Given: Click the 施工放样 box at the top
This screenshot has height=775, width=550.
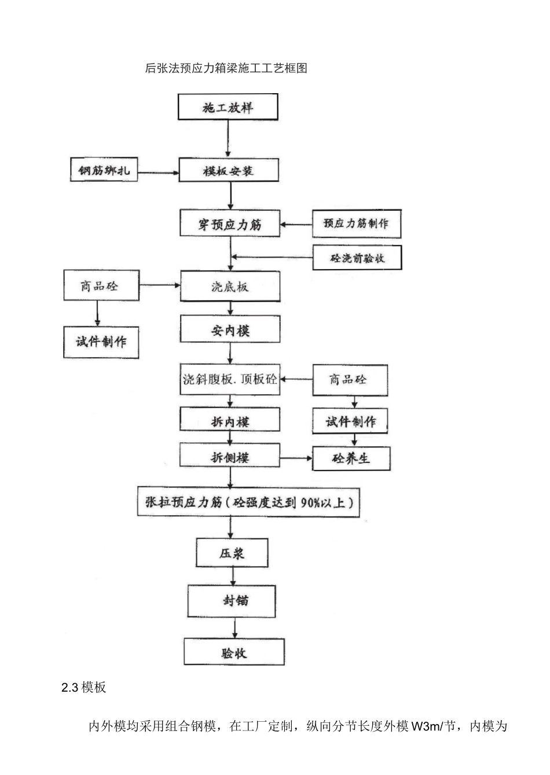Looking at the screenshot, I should click(228, 108).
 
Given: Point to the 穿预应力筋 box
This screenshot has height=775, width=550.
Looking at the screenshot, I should click(230, 224).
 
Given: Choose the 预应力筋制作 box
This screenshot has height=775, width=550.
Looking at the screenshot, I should click(356, 223).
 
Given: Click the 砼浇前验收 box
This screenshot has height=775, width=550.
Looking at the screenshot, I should click(357, 258).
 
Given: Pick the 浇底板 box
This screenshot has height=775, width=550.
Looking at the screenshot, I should click(230, 286).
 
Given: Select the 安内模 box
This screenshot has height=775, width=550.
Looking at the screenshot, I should click(230, 331).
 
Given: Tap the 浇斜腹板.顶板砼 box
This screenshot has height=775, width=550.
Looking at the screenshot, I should click(230, 380).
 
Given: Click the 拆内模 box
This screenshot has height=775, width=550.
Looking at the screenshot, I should click(230, 422).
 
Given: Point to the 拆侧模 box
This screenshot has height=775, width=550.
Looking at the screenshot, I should click(230, 457).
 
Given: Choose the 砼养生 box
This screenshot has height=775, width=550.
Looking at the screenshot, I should click(351, 459).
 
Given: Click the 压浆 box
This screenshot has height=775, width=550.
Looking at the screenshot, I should click(232, 553).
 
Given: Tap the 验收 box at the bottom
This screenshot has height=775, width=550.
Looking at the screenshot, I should click(234, 652).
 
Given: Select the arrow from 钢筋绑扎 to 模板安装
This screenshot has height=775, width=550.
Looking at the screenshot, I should click(158, 172).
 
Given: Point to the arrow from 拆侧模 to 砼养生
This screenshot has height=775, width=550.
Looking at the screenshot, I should click(296, 458).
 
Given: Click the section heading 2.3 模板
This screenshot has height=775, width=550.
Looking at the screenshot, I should click(84, 687).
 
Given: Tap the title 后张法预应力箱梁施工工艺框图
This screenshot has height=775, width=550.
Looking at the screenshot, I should click(226, 68).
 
